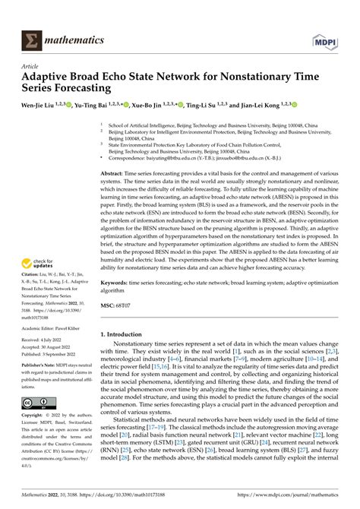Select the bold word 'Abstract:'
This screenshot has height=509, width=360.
(115, 174)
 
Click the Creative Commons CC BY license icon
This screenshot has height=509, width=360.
(38, 424)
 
